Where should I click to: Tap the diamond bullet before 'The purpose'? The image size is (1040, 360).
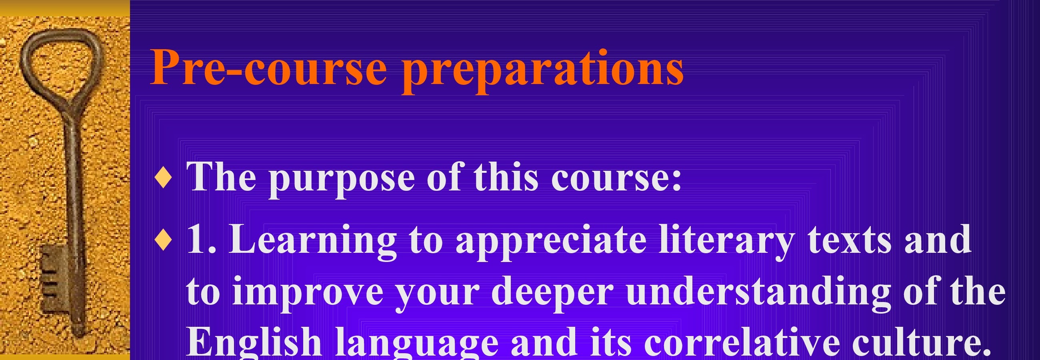tap(164, 179)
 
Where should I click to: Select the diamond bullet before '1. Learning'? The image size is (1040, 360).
tap(164, 241)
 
